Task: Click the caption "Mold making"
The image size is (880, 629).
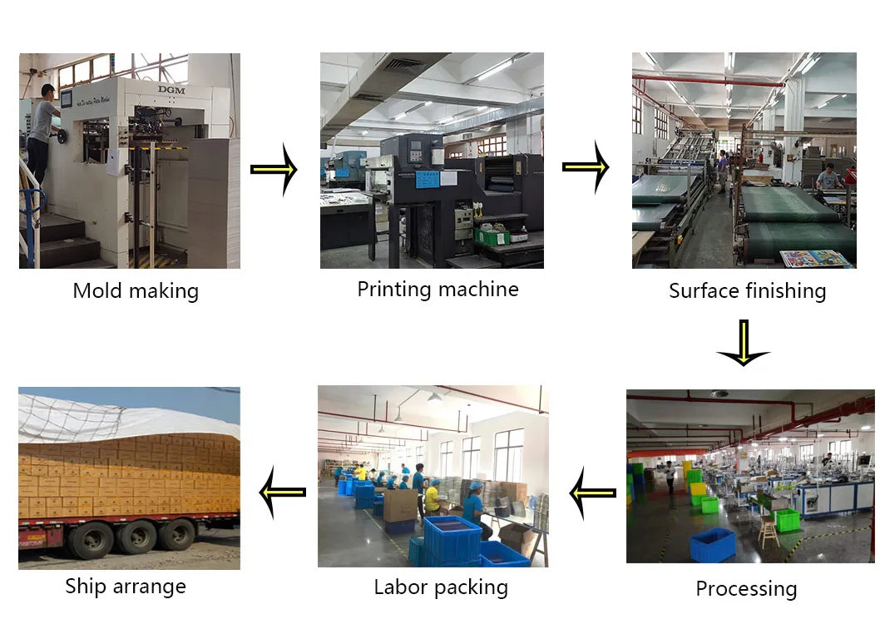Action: tap(136, 291)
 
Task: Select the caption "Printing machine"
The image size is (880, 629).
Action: tap(438, 290)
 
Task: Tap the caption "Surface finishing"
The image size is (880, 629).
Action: tap(747, 291)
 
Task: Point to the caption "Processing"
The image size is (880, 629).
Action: tap(746, 589)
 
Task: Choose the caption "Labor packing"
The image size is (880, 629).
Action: tap(441, 587)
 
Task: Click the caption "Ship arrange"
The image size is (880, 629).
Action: tap(126, 586)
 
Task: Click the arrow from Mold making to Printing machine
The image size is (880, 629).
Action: tap(274, 169)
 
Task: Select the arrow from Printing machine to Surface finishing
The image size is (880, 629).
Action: tap(586, 167)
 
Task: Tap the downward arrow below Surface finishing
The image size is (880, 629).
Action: tap(743, 342)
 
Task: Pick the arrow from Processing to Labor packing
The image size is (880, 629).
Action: tap(592, 493)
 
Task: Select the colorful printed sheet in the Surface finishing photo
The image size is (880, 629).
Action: tap(814, 258)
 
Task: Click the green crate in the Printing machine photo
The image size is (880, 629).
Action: tap(491, 236)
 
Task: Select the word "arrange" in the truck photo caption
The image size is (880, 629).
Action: tap(150, 587)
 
